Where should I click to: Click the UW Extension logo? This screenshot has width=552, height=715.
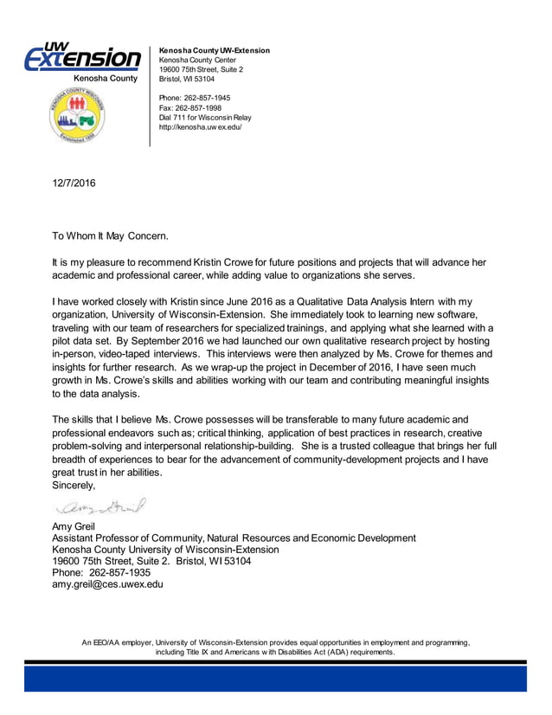tap(82, 57)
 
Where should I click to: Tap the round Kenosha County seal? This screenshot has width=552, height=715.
tap(74, 119)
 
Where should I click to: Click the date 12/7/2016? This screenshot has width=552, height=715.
tap(74, 184)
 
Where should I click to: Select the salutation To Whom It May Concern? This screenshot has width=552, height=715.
tap(111, 235)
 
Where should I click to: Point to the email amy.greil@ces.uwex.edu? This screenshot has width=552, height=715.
tap(107, 584)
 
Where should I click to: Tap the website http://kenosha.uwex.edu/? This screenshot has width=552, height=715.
tap(200, 126)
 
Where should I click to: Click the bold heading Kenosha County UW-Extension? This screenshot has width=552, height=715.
tap(215, 50)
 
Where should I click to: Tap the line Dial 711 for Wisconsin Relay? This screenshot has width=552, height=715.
tap(205, 117)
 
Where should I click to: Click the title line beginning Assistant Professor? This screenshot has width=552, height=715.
tap(234, 538)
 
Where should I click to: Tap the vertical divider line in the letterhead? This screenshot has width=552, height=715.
tap(150, 95)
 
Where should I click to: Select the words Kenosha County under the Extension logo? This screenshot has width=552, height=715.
tap(105, 79)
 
